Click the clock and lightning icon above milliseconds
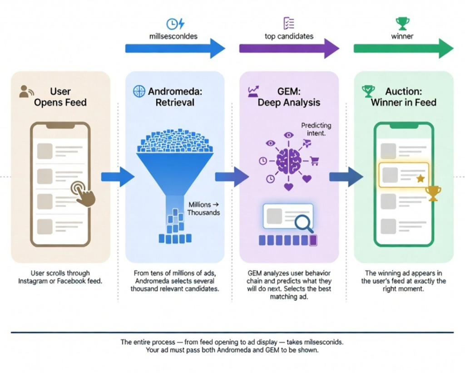175,24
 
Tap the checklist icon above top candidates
289,24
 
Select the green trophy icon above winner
402,23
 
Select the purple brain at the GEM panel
289,160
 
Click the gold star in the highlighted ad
420,178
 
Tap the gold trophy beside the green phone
434,193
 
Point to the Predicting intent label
316,129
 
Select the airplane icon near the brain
306,144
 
